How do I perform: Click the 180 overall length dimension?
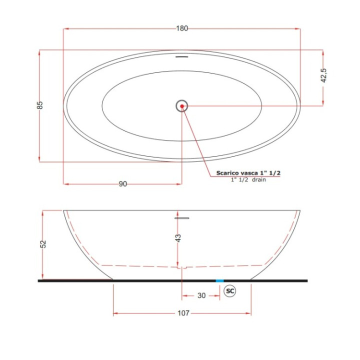[x=182, y=28]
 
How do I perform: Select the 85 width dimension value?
[x=40, y=105]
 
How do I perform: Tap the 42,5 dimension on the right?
[x=323, y=75]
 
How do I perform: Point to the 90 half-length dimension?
[x=123, y=184]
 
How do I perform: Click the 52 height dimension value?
[x=43, y=244]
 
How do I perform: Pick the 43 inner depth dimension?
[x=178, y=238]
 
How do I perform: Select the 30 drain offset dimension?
[x=201, y=295]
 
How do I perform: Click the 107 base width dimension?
[x=183, y=313]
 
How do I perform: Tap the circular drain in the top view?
[x=181, y=105]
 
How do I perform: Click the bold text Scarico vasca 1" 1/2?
[x=248, y=172]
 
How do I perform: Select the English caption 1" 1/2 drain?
[x=248, y=179]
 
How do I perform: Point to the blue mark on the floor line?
[x=219, y=281]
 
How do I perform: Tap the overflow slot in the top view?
[x=181, y=56]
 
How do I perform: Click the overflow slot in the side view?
[x=181, y=218]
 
